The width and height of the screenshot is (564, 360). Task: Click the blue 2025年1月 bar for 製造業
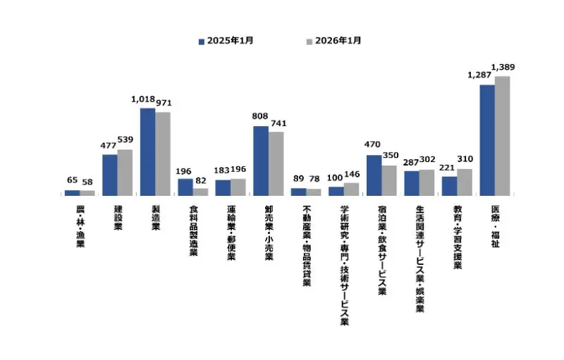[147, 151]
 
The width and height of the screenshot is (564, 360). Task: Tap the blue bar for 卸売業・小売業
[260, 161]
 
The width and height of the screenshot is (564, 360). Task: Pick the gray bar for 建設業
[125, 172]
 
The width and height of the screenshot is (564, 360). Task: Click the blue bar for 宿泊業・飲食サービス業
[374, 175]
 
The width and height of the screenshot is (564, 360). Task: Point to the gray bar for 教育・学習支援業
[464, 182]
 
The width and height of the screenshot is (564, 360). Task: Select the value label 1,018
[144, 100]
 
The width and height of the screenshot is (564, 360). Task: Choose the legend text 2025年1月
[228, 41]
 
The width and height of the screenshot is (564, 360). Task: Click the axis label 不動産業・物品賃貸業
[306, 246]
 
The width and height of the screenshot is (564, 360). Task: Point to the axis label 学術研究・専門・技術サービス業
[344, 265]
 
